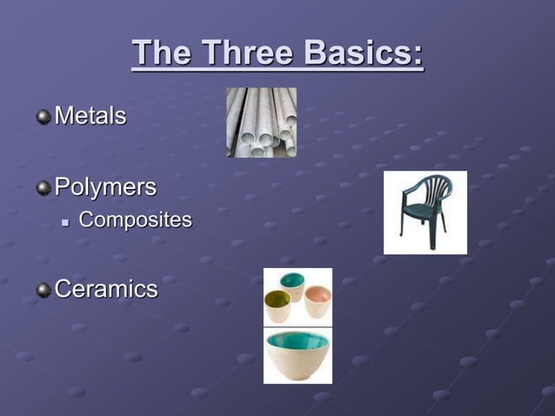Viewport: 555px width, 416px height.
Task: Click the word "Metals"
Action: point(90,115)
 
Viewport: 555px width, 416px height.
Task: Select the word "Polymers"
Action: point(105,186)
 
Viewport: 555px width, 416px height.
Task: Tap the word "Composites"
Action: point(135,219)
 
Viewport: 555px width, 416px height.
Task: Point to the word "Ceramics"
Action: point(106,289)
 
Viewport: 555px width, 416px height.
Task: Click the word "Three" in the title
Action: point(244,54)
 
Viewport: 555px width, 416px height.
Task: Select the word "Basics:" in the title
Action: point(359,54)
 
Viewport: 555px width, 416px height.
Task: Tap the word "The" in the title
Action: point(162,54)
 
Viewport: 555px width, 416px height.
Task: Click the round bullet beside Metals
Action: point(43,116)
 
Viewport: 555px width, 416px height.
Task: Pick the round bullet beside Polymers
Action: point(43,187)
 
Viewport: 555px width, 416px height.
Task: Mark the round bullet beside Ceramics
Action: point(43,290)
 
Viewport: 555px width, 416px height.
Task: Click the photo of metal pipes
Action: point(261,122)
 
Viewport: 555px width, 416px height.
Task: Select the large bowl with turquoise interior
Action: point(298,352)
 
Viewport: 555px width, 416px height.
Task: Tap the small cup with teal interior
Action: point(293,285)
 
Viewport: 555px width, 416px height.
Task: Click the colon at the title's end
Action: point(418,57)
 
